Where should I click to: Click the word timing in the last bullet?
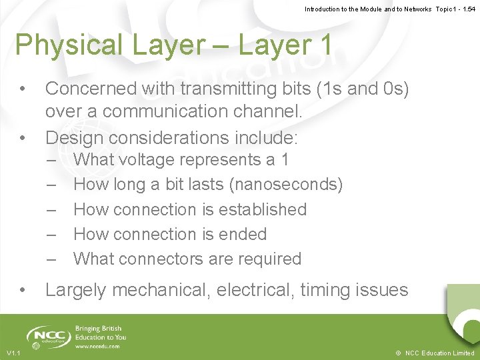(327, 290)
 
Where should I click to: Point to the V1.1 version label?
(13, 353)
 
